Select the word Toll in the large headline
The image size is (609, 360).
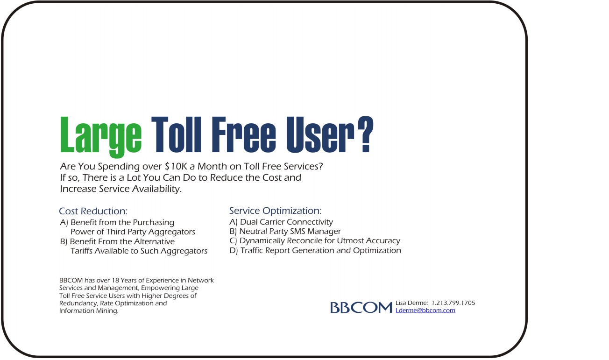click(176, 134)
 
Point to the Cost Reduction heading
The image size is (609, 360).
click(93, 211)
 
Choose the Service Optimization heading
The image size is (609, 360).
click(276, 211)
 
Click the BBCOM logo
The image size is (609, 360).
click(361, 308)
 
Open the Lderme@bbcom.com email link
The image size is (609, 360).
click(425, 310)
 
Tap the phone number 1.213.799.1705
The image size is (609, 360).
click(453, 303)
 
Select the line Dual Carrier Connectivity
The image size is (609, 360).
click(287, 222)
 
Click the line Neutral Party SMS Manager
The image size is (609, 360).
click(290, 231)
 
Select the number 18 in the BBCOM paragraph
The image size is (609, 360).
click(115, 280)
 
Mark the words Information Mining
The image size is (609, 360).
click(89, 311)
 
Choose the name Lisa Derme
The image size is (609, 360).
click(411, 303)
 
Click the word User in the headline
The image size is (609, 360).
click(320, 134)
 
